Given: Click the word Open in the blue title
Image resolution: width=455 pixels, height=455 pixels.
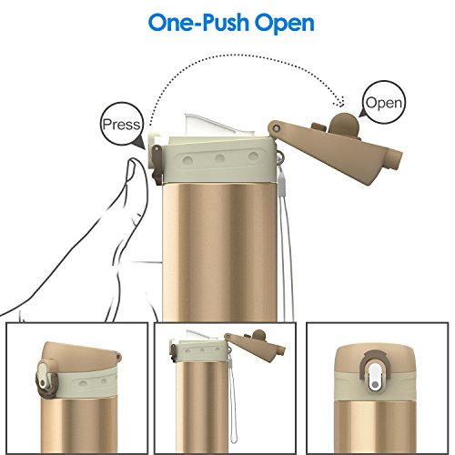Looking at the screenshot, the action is coord(285,24).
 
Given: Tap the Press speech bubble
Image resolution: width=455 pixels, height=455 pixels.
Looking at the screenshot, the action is coord(122,125).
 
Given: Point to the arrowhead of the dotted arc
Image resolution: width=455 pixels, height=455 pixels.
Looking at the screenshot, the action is coord(339,102).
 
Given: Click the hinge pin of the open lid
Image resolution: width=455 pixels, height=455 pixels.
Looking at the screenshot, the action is coord(276,128).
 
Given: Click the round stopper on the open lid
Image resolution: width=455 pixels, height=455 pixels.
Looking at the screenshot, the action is coord(344,125).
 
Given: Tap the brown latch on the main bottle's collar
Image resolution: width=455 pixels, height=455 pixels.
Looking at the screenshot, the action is coord(157,165).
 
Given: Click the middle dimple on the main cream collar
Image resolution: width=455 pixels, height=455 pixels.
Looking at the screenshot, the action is coord(219,158).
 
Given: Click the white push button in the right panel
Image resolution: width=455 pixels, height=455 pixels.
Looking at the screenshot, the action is coord(375,378).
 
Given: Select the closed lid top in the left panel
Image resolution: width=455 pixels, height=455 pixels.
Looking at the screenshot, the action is coord(79,355).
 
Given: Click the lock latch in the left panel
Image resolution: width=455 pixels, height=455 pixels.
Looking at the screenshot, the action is coord(45,378).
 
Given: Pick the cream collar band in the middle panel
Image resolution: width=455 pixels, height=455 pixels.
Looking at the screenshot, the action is coord(201,351).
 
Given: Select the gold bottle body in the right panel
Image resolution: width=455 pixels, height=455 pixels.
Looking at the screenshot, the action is coord(375,425).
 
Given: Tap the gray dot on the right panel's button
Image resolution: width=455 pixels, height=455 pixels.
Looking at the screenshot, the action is coord(375,385).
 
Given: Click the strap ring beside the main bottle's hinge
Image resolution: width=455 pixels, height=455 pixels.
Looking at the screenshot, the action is coord(279,157).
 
